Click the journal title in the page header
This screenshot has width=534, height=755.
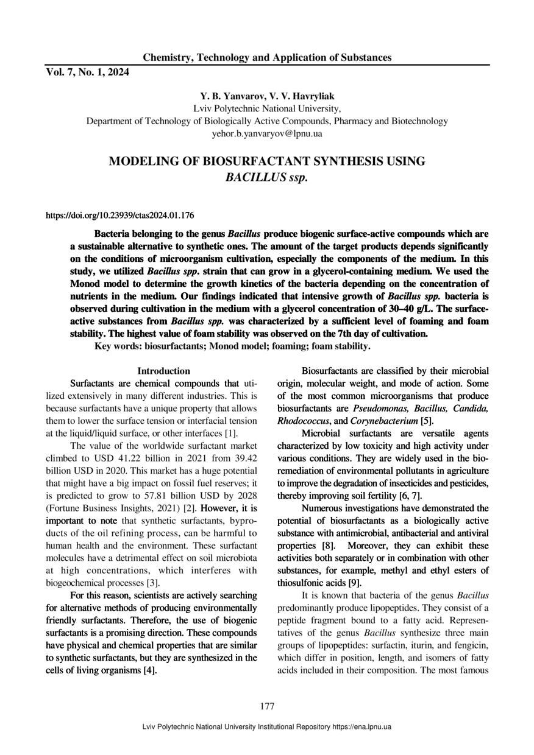[x=267, y=58]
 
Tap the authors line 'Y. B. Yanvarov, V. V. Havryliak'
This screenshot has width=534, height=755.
[x=267, y=97]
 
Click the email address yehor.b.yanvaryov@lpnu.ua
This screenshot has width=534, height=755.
[x=267, y=133]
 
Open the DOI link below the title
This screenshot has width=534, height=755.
[x=120, y=216]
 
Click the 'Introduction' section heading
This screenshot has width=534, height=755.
[x=163, y=371]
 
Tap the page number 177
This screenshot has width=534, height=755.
[x=267, y=706]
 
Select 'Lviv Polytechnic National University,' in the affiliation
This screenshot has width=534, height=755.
[x=267, y=109]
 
